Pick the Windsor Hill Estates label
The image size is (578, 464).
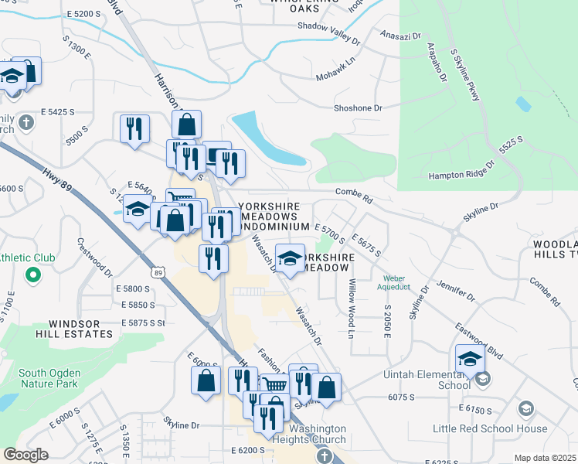click(80, 329)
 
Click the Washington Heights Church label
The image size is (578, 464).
click(324, 434)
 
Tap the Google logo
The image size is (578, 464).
click(25, 455)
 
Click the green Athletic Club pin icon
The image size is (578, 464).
click(32, 275)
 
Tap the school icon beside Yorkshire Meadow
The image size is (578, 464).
click(290, 259)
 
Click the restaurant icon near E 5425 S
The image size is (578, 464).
click(135, 128)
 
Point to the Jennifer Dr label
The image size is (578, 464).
click(456, 292)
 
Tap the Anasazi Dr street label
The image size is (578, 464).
click(401, 36)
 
